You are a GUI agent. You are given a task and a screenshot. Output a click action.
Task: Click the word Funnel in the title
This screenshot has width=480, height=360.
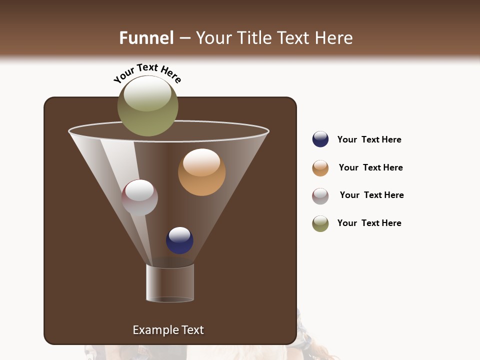(x=146, y=38)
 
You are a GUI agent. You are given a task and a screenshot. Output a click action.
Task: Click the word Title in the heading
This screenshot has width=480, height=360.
(x=254, y=38)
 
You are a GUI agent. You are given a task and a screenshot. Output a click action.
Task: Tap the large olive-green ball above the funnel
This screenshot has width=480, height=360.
(x=147, y=106)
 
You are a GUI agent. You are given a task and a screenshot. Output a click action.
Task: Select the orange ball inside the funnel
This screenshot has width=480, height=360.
(x=201, y=172)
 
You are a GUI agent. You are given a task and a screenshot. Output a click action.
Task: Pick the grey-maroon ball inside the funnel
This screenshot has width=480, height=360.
(x=139, y=198)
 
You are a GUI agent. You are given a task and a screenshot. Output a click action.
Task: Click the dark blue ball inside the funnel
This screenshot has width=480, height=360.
(x=179, y=240)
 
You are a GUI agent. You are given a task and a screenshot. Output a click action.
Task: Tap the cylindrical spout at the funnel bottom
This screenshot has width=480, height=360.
(x=170, y=283)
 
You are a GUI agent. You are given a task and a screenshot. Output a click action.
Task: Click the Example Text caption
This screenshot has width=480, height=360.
(x=168, y=330)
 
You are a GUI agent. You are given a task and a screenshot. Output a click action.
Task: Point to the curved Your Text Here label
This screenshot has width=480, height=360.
(x=147, y=73)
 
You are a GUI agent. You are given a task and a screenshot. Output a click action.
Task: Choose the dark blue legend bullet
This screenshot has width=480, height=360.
(x=320, y=139)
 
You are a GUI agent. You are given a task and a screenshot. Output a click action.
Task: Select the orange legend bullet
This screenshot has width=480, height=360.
(x=320, y=168)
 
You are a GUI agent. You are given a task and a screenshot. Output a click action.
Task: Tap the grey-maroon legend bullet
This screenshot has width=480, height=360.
(x=320, y=196)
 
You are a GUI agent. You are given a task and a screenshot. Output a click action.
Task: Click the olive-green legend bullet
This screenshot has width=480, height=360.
(x=320, y=223)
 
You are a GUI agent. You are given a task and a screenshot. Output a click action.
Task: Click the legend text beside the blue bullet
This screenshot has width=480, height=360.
(x=369, y=139)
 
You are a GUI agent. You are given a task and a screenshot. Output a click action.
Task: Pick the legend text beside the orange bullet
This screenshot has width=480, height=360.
(x=370, y=167)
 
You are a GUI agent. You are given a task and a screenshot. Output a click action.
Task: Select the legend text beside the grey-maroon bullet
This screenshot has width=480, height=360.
(x=371, y=195)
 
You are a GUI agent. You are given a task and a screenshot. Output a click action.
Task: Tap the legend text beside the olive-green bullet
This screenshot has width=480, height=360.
(x=369, y=223)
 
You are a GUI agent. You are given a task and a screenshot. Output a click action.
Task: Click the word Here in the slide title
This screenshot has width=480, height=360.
(x=333, y=38)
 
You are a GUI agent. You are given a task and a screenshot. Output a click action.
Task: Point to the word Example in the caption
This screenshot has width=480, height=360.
(x=154, y=330)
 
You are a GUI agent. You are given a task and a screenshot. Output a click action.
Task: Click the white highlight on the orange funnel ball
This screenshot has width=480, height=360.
(x=201, y=162)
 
